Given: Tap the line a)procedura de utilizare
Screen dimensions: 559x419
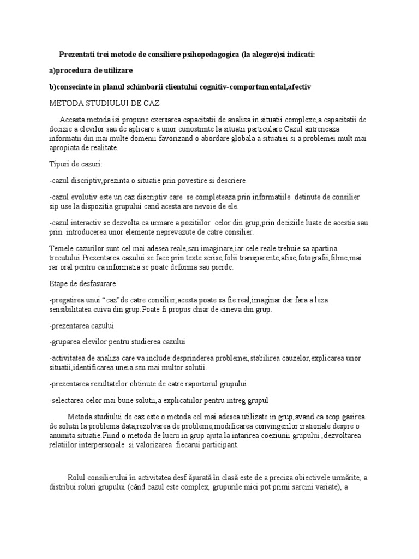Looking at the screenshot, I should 91,71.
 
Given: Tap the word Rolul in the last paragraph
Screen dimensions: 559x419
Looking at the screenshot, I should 78,478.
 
